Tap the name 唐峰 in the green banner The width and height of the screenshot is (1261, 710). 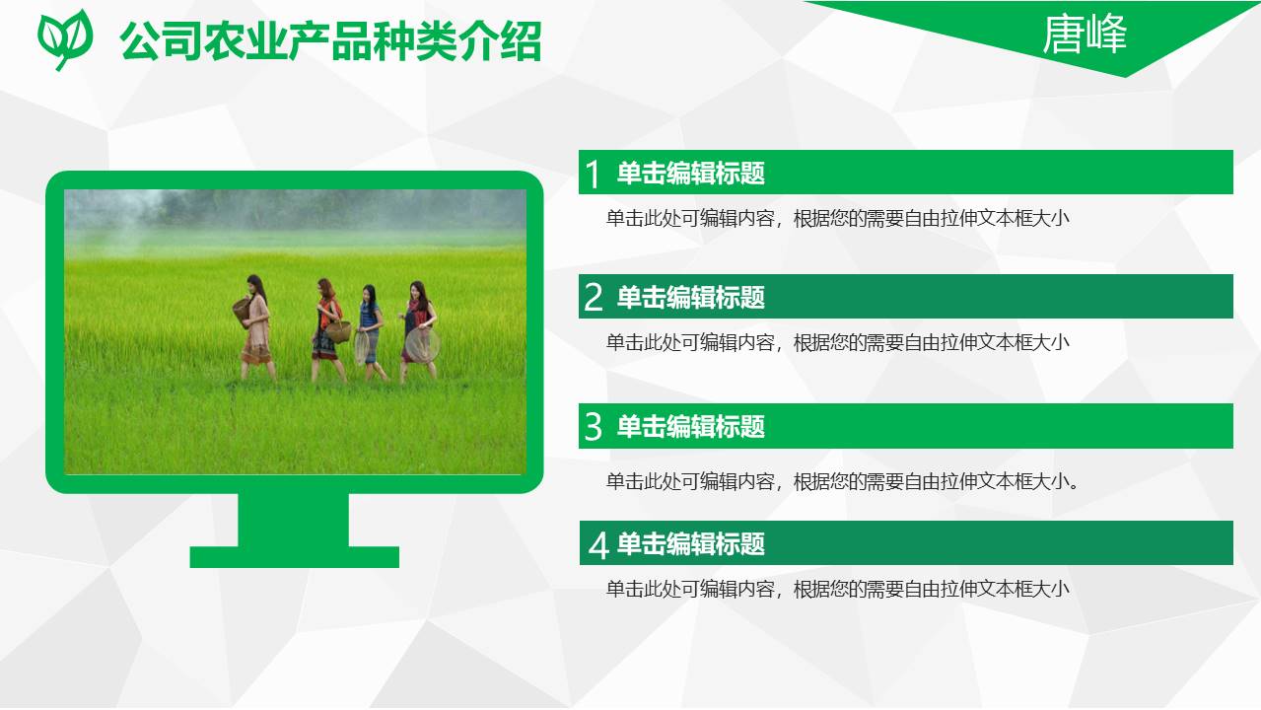coord(1085,35)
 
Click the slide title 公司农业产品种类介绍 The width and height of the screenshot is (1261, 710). coord(330,42)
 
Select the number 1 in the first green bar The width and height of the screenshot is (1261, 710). coord(593,175)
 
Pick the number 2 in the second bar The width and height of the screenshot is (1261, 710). coord(593,298)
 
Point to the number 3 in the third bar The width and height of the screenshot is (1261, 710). coord(593,427)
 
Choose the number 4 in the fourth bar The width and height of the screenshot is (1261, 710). coord(597,544)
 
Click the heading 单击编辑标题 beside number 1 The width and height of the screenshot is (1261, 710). coord(691,175)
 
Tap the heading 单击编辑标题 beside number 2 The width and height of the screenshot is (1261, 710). coord(691,298)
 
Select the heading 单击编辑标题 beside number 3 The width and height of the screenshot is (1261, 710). coord(691,427)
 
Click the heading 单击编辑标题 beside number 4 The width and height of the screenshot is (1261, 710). coord(691,544)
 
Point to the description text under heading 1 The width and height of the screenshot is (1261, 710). coord(837,219)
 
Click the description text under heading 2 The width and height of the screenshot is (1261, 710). coord(837,343)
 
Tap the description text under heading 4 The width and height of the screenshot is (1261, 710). coord(837,590)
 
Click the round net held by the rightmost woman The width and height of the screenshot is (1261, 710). coord(423,344)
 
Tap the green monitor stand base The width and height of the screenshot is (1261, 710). coord(294,556)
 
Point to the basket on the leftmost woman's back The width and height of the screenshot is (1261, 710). coord(242,311)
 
